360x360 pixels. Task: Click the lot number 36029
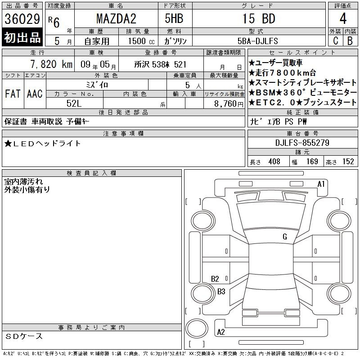22,19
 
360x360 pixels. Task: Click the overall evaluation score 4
342,19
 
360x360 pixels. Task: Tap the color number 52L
75,103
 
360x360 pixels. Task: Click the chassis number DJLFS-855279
302,143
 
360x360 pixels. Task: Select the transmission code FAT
13,94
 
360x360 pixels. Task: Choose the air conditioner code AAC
34,94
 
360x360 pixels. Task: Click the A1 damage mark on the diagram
321,184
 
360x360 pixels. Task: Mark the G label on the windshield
285,237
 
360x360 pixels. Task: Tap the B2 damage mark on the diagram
215,279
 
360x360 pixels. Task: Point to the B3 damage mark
221,292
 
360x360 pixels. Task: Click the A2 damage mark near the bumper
221,332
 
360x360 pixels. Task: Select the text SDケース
25,336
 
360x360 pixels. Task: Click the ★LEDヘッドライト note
43,143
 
